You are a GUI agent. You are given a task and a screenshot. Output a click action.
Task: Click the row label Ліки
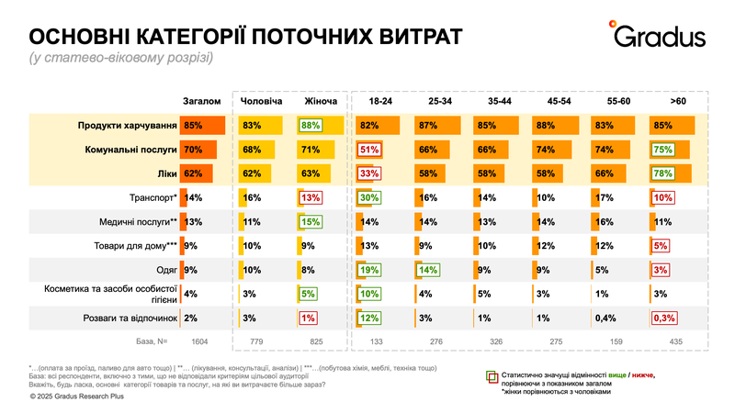tap(167, 172)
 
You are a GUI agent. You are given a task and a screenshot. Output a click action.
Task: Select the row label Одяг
tap(166, 269)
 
